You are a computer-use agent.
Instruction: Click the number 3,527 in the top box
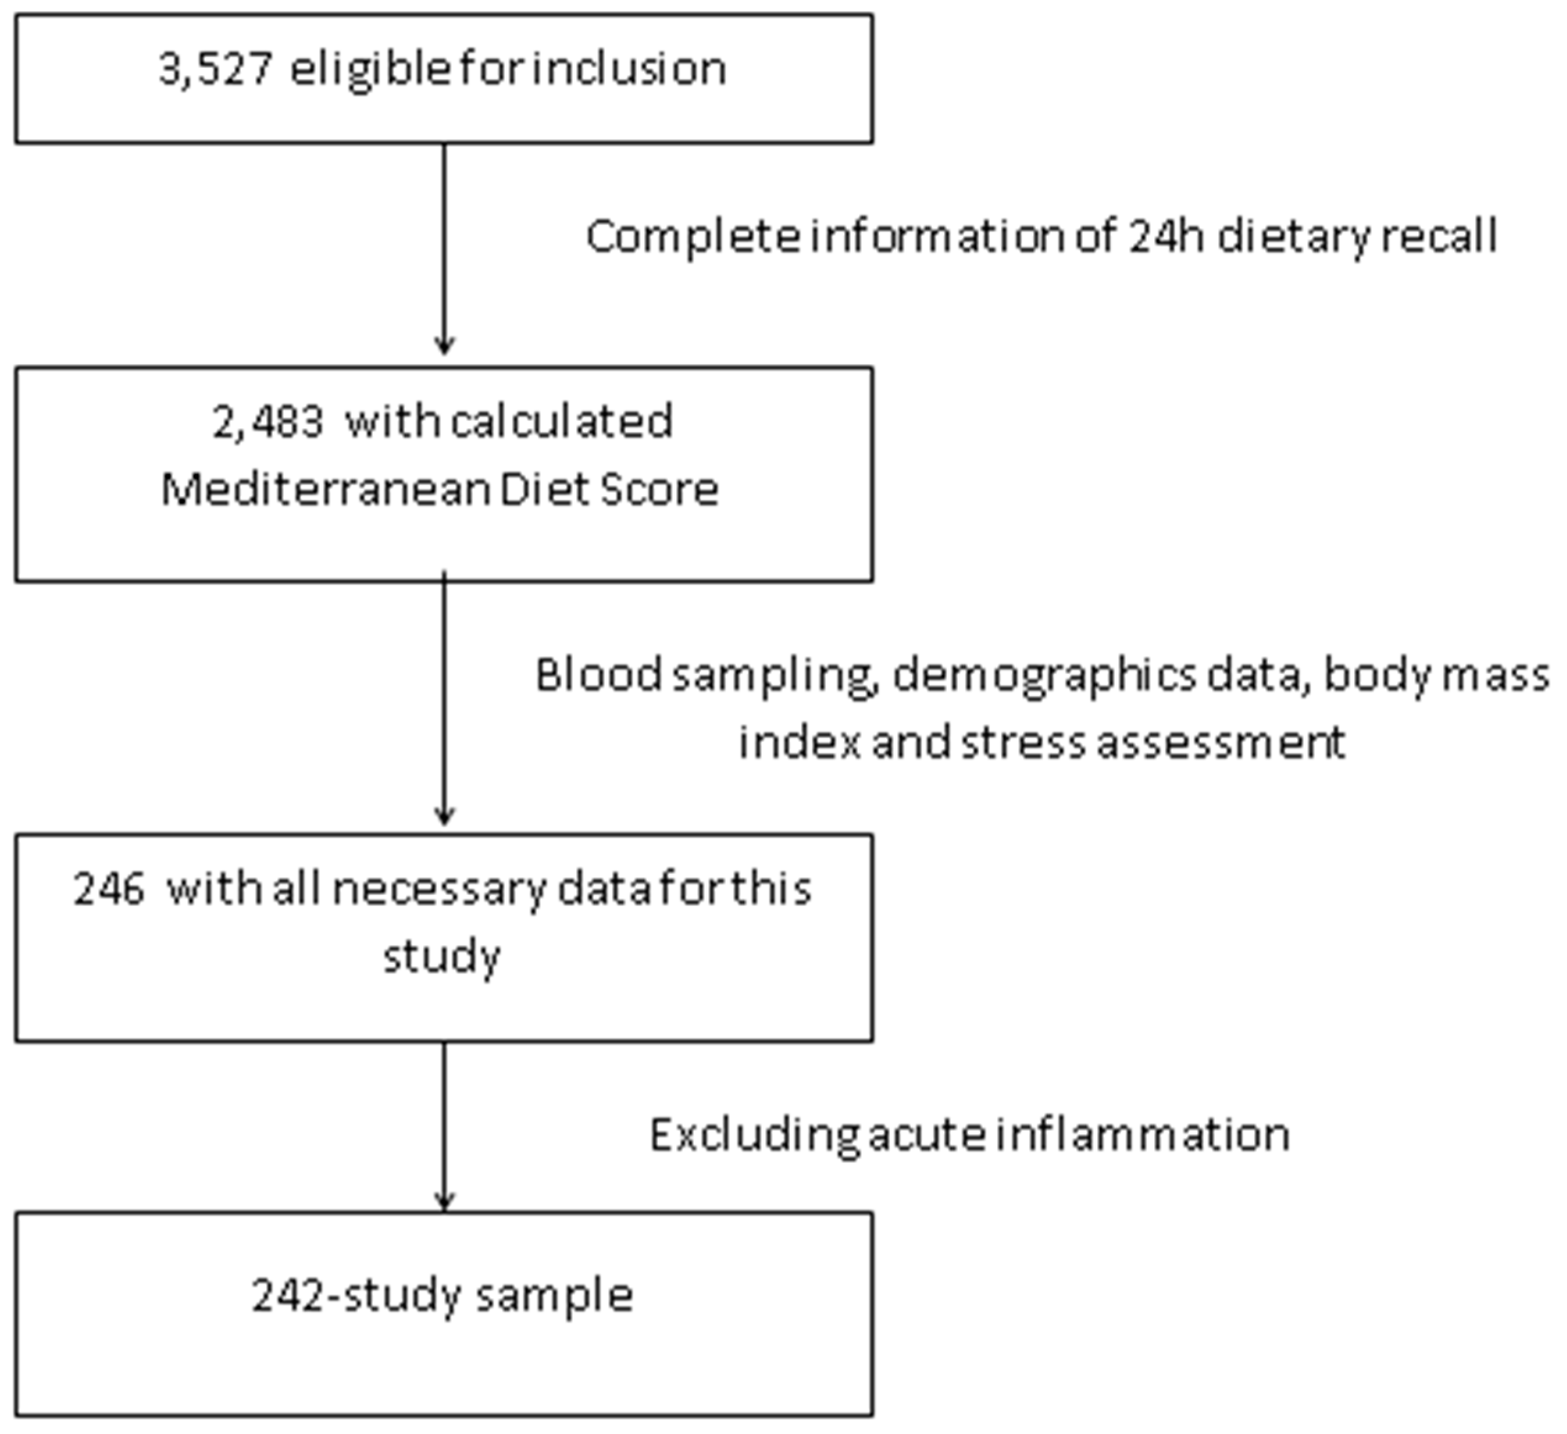pyautogui.click(x=215, y=70)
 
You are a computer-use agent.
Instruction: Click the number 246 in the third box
pyautogui.click(x=109, y=889)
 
